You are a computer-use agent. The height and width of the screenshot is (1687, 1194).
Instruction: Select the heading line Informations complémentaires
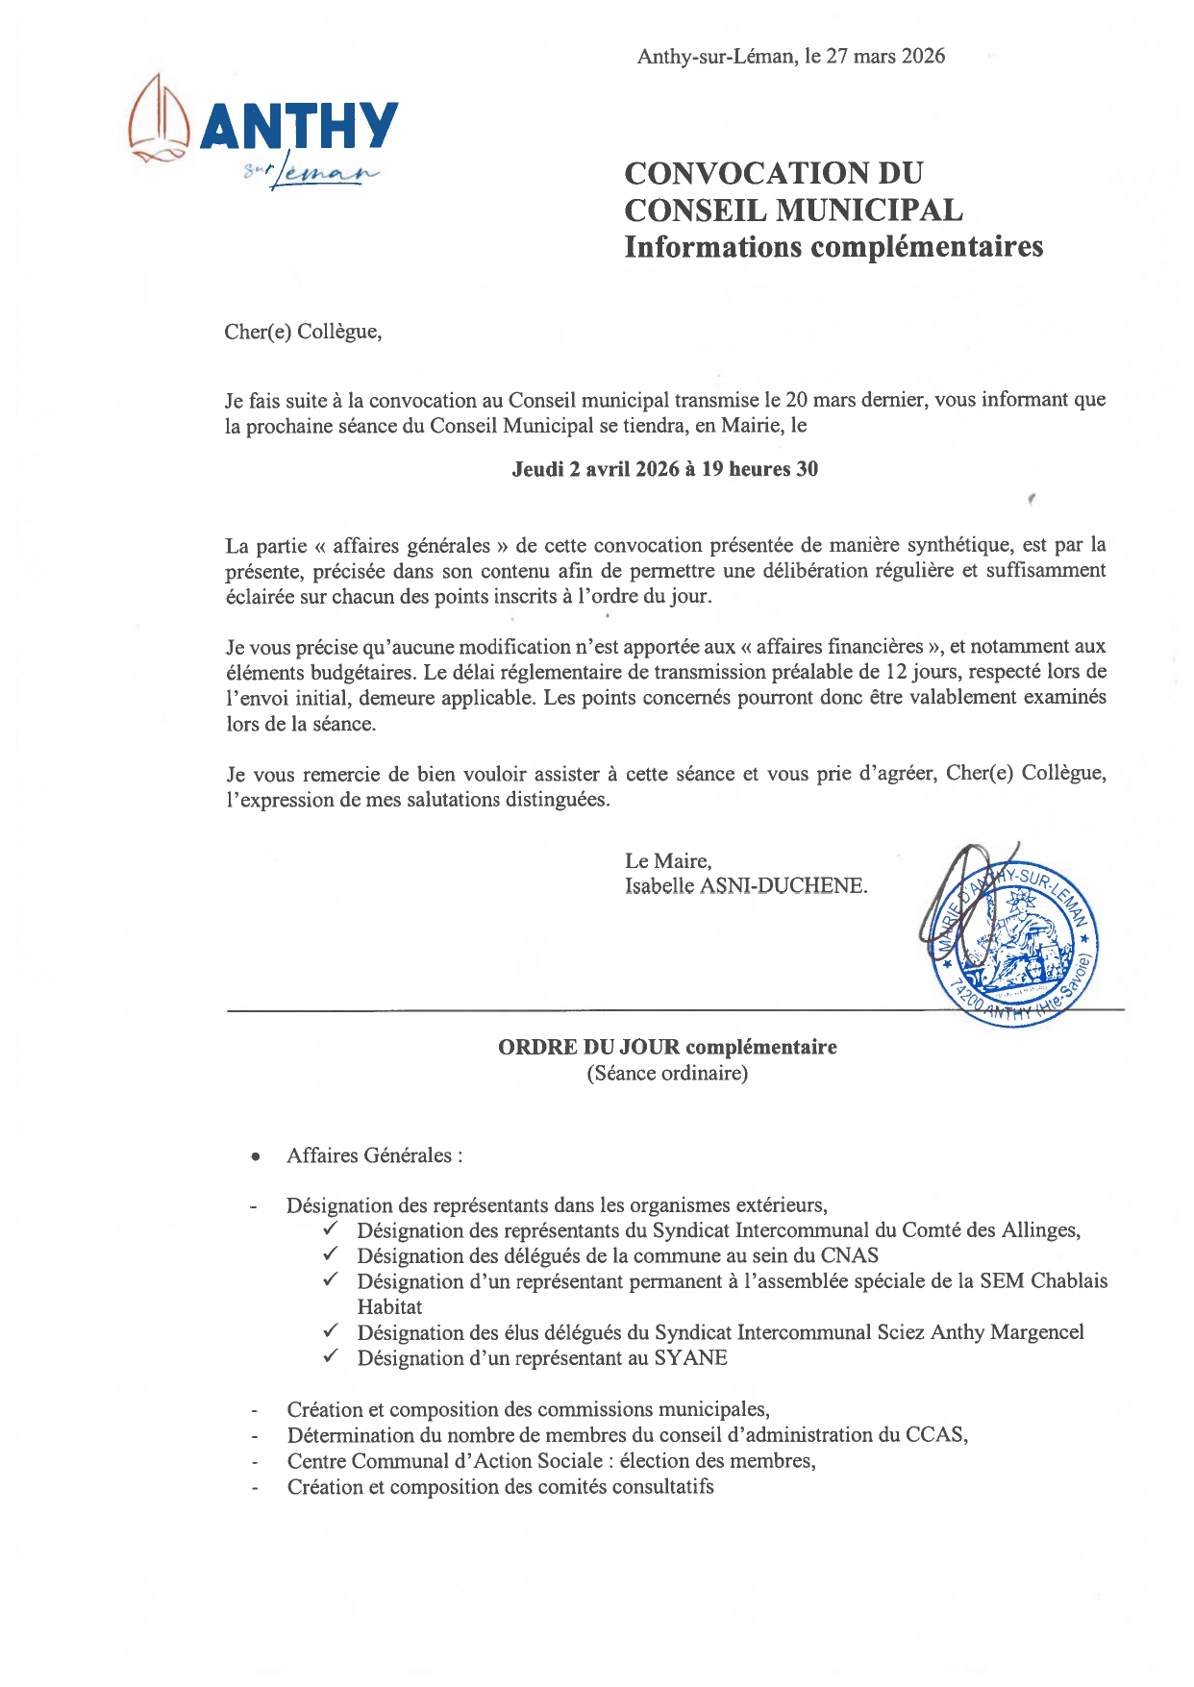coord(833,247)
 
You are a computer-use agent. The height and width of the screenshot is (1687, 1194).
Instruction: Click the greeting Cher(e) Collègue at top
coord(303,332)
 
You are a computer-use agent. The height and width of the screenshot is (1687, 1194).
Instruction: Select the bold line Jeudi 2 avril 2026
coord(664,469)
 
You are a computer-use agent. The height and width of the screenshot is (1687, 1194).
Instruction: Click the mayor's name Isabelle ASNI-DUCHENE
coord(745,886)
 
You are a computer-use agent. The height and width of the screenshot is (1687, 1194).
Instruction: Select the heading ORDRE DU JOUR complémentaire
coord(667,1047)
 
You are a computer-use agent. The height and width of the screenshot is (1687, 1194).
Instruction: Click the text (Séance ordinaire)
coord(667,1074)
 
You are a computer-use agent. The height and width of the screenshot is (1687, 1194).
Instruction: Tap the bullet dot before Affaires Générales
coord(255,1157)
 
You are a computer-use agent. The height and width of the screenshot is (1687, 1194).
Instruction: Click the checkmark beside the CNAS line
coord(331,1254)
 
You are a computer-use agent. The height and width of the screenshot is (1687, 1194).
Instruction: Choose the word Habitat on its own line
coord(389,1307)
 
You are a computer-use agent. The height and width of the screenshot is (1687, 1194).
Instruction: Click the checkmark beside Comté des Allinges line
coord(331,1229)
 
